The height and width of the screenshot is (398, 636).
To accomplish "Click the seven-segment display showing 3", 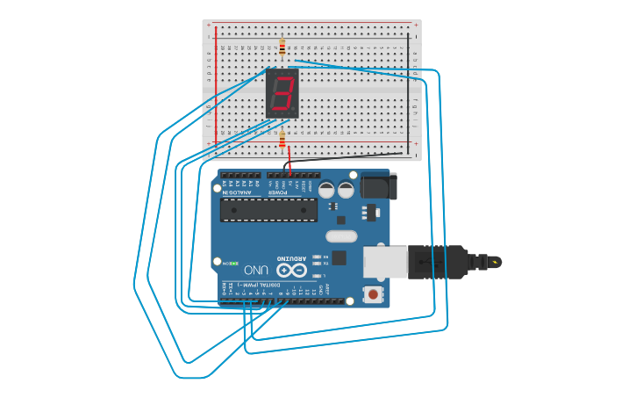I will coord(282,92).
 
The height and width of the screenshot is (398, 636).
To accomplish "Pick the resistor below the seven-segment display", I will coord(282,141).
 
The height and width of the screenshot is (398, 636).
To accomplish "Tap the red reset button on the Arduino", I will coord(374,293).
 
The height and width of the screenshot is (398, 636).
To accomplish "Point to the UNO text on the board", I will coord(256,270).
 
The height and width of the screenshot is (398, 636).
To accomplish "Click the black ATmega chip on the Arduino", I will coord(268,209).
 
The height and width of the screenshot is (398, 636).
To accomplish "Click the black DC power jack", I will coord(379,186).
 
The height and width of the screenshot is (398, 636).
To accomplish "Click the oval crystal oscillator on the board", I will coord(341,235).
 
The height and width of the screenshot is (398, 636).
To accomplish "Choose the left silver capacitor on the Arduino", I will coord(326,190).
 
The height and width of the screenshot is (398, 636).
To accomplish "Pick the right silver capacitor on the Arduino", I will coord(346,190).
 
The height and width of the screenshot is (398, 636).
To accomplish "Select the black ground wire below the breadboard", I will coord(351,158).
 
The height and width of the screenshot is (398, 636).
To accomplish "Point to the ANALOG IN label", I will coord(225,186).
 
